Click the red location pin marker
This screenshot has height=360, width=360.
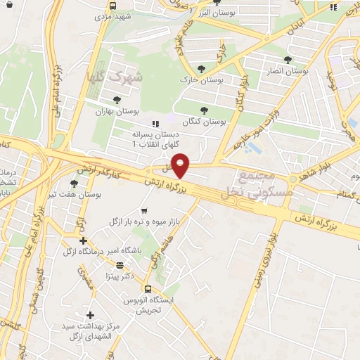pyautogui.click(x=181, y=166)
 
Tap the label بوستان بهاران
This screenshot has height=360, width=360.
pyautogui.click(x=118, y=111)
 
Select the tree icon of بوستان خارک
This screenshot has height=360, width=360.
pyautogui.click(x=202, y=69)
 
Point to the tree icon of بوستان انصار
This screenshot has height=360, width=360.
pyautogui.click(x=287, y=60)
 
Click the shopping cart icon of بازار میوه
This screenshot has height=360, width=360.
pyautogui.click(x=145, y=210)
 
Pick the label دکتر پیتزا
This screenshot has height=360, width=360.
pyautogui.click(x=119, y=276)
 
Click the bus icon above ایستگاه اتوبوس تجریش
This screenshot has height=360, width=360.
pyautogui.click(x=148, y=289)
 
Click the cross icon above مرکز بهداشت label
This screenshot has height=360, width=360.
pyautogui.click(x=89, y=315)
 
